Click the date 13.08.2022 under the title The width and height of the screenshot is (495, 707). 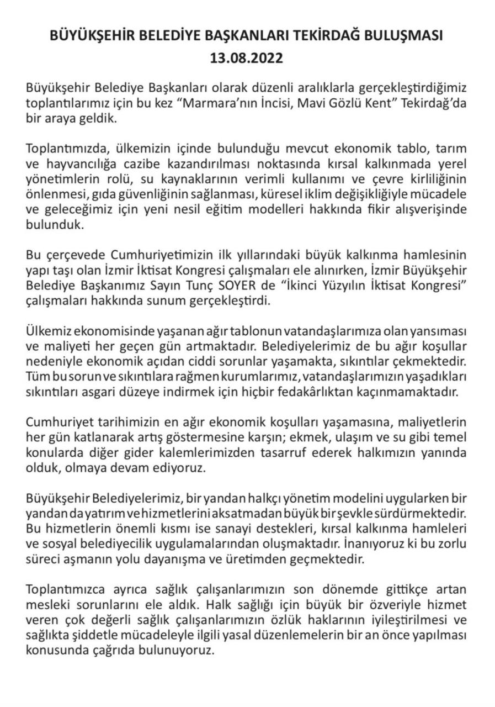tap(247, 58)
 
